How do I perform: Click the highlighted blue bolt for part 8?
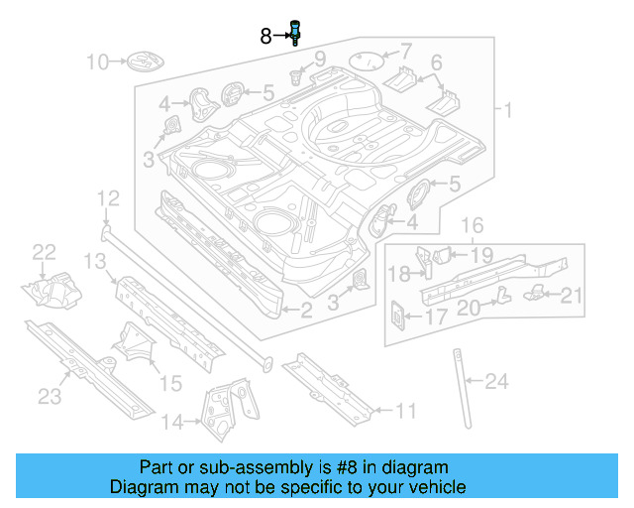[x=294, y=32]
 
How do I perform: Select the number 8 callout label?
[x=265, y=37]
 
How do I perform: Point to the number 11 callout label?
[x=406, y=411]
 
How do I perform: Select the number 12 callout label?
[x=107, y=199]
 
